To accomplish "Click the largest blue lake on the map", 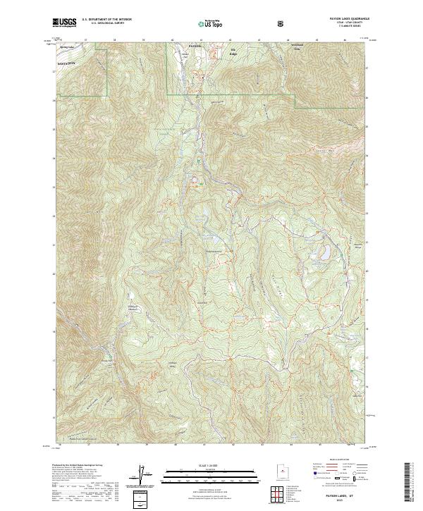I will click(326, 252).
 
